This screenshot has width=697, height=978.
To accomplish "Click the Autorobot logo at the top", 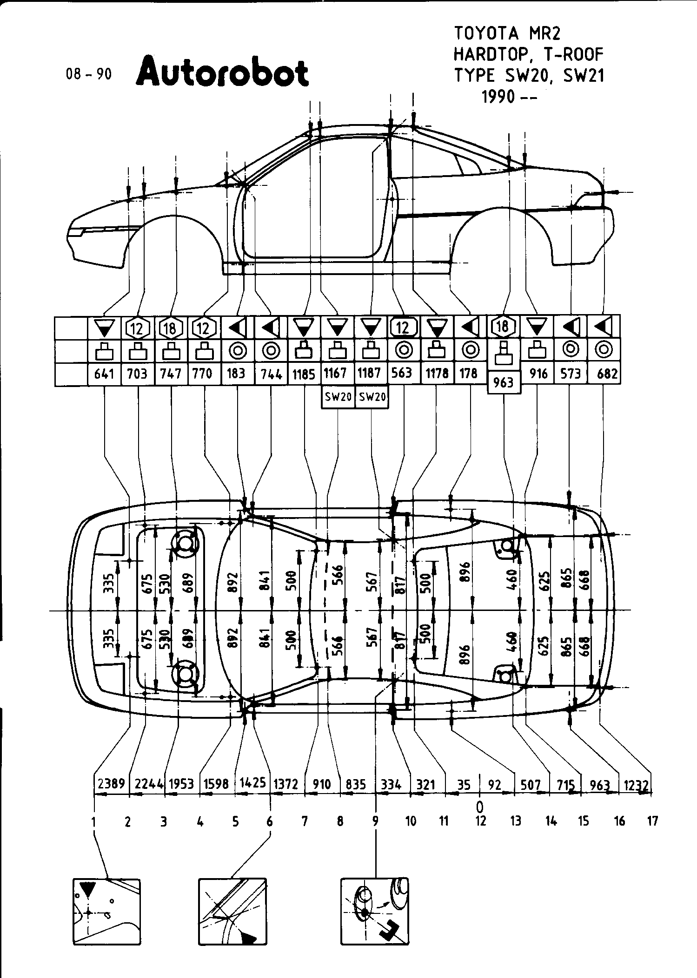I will pyautogui.click(x=222, y=72).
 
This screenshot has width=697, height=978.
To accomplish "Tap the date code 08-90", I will pyautogui.click(x=89, y=74).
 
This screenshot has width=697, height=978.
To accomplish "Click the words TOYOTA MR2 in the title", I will pyautogui.click(x=507, y=33).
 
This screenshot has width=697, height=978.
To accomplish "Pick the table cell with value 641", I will pyautogui.click(x=104, y=374).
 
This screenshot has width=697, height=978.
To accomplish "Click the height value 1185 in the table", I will pyautogui.click(x=304, y=374).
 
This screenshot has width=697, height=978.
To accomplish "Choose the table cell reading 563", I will pyautogui.click(x=403, y=374).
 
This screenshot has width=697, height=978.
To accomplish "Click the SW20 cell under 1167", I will pyautogui.click(x=338, y=398).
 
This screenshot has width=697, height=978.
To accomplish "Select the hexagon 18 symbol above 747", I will pyautogui.click(x=170, y=328).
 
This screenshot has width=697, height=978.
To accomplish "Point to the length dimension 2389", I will pyautogui.click(x=112, y=784).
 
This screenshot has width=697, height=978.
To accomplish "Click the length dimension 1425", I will pyautogui.click(x=252, y=782).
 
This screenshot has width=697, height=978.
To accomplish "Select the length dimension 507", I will pyautogui.click(x=531, y=785).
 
